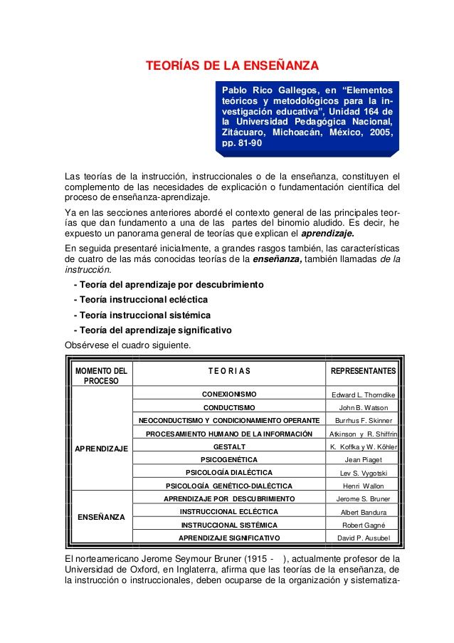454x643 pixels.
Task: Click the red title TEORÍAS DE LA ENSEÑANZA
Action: click(x=232, y=67)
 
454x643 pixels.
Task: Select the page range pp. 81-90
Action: click(x=242, y=143)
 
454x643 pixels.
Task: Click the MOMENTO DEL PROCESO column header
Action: click(x=101, y=375)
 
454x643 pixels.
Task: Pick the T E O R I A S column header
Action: click(x=229, y=371)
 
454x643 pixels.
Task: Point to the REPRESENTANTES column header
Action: click(x=363, y=371)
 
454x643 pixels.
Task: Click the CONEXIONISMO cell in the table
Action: click(x=229, y=394)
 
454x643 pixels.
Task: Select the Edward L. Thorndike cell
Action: click(x=363, y=395)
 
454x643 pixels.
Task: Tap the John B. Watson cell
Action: click(x=363, y=408)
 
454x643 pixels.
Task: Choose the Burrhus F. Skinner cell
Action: click(x=363, y=421)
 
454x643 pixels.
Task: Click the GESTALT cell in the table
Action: click(x=229, y=446)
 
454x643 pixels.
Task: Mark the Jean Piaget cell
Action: click(x=363, y=460)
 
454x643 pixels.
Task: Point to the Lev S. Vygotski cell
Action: click(x=363, y=473)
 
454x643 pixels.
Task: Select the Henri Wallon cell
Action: click(x=363, y=486)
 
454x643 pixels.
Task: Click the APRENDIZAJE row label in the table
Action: click(x=101, y=448)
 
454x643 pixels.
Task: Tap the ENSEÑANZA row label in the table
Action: click(x=101, y=516)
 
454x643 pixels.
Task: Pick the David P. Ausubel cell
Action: click(x=363, y=538)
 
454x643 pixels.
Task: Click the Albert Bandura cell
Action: click(x=363, y=512)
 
